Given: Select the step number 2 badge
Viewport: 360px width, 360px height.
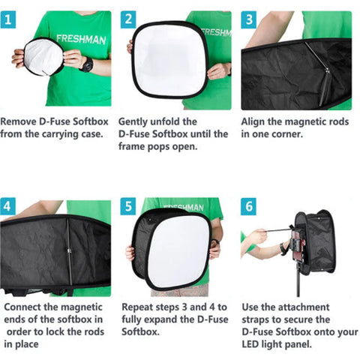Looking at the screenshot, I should click(x=129, y=19).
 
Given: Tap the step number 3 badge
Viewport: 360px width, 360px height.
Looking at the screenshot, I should click(x=248, y=19).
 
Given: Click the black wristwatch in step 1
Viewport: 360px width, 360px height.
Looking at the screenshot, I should click(x=86, y=64).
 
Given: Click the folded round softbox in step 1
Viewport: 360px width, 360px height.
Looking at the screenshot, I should click(x=43, y=57).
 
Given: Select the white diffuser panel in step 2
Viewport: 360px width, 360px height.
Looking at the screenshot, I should click(x=169, y=60).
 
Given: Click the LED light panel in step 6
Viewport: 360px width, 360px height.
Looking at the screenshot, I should click(x=303, y=247).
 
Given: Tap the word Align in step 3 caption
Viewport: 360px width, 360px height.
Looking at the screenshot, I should click(x=254, y=120).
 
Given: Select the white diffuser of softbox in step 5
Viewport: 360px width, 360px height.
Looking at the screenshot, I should click(x=177, y=251).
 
